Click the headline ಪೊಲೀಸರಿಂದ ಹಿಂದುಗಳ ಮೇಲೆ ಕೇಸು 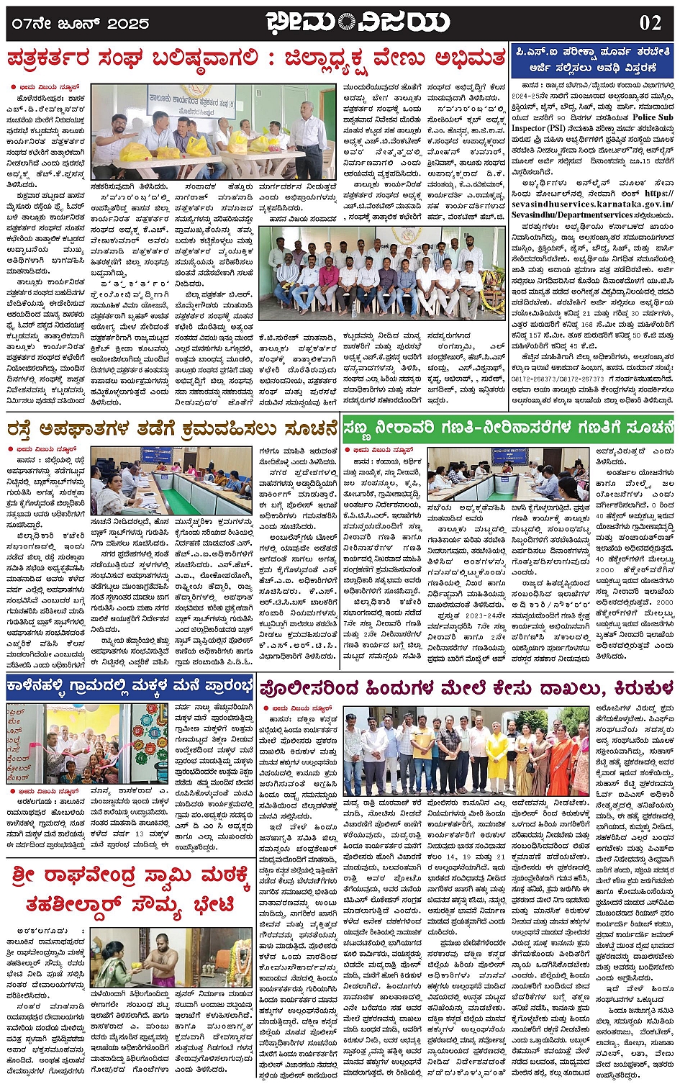(467, 687)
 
